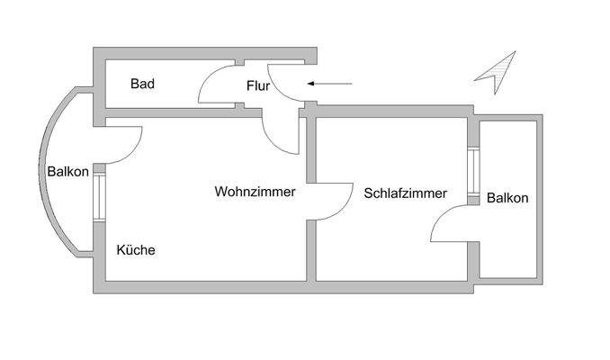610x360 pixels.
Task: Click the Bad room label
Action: pos(142,85)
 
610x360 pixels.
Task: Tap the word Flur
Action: pos(258,86)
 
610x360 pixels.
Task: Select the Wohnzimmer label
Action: pos(256,192)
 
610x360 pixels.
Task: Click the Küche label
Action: pos(136,250)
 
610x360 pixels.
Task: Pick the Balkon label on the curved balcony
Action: pos(67,172)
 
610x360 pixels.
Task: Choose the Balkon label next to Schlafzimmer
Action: pos(507,198)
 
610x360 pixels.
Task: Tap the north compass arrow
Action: pos(497,72)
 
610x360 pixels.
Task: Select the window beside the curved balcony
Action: pos(99,193)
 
